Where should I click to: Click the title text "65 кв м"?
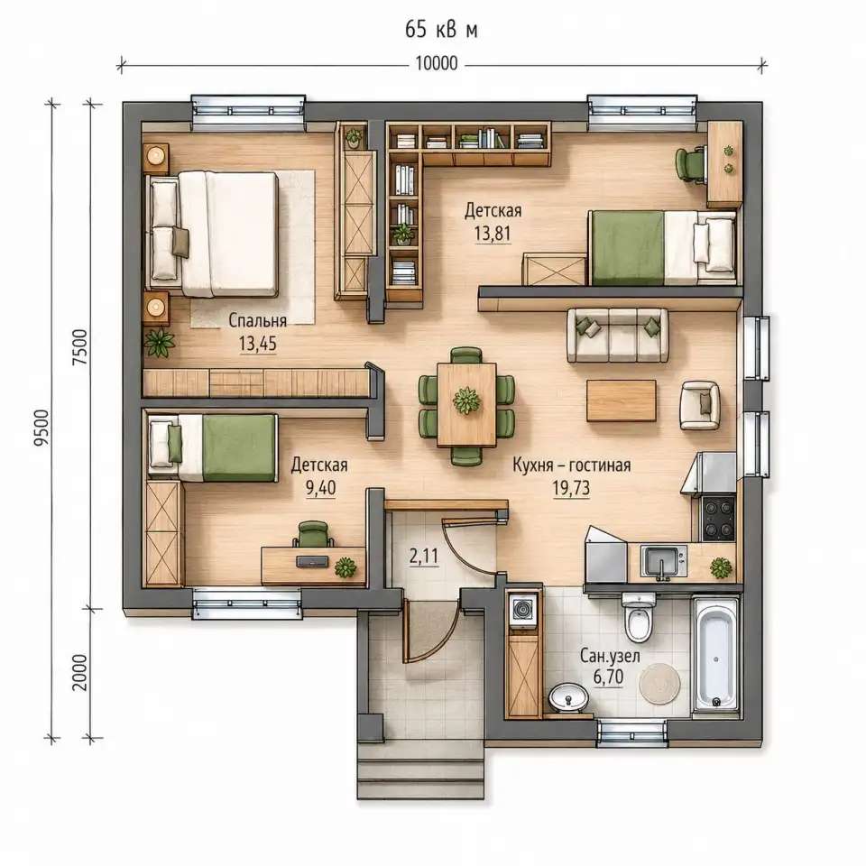point(441,29)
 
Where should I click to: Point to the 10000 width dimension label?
point(437,63)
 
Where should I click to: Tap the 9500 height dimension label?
point(42,428)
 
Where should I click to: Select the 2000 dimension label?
point(80,672)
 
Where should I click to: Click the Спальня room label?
point(257,320)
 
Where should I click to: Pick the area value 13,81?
point(493,234)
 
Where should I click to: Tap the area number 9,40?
point(320,488)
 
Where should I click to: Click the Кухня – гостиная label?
point(572,465)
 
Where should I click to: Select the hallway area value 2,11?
point(424,557)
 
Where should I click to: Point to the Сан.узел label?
point(610,656)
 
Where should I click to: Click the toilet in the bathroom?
point(639,617)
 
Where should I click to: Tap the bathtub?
point(715,653)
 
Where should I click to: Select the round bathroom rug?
point(660,684)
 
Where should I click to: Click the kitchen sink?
point(663,561)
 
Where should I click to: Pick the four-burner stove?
point(718,518)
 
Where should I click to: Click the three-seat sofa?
point(617,336)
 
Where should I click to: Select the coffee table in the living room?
point(622,401)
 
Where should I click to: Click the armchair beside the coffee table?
point(700,405)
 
